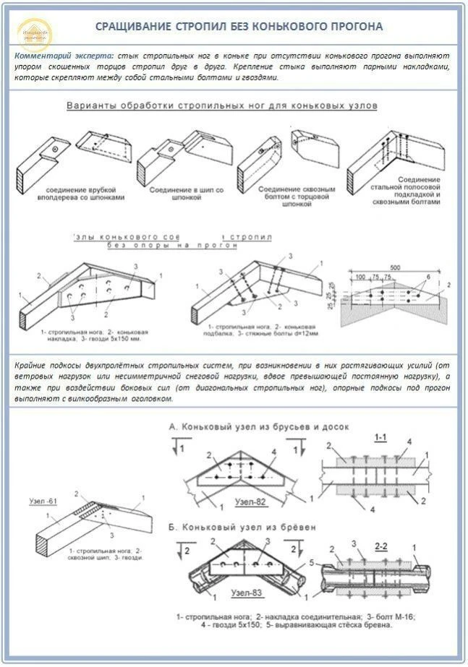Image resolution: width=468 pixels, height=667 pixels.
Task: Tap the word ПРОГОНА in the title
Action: coord(352,27)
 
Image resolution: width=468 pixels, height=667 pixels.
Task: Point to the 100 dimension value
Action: coord(359,277)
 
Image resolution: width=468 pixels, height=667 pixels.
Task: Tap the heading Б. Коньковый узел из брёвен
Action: coord(242,528)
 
